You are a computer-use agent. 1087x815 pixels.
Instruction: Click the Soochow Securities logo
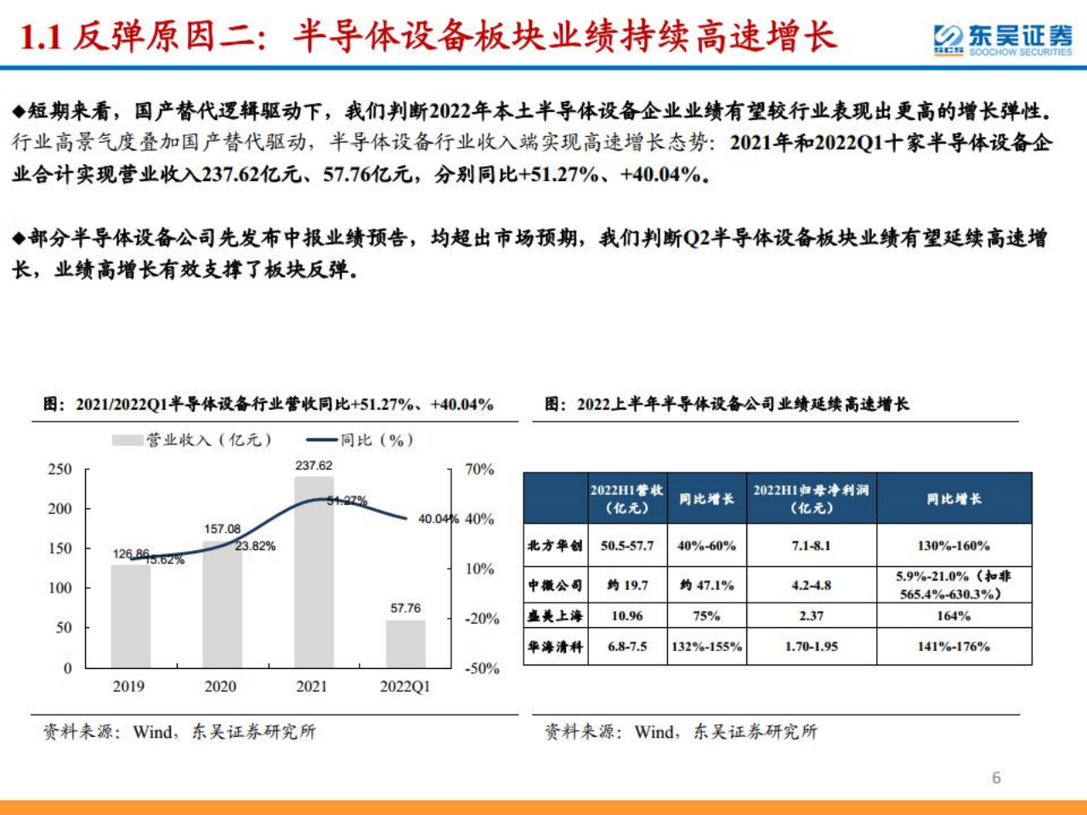1002,39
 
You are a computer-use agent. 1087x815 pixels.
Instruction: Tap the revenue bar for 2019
130,615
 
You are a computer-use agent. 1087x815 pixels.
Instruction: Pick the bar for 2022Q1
405,643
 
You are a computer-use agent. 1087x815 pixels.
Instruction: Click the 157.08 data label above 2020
222,529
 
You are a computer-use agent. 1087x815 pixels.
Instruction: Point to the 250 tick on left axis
59,469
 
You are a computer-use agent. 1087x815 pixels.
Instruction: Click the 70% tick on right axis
479,469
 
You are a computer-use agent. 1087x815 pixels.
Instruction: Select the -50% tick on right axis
480,668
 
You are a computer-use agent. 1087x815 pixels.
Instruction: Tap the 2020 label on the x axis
220,687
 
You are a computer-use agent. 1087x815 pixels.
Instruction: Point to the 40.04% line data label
438,518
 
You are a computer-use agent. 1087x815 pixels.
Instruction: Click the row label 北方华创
555,546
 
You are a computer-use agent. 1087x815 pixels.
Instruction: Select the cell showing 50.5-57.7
627,546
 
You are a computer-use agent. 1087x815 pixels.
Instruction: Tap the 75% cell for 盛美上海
706,616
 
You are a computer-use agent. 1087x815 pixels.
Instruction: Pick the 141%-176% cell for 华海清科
954,647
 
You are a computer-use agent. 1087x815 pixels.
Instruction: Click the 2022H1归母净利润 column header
811,499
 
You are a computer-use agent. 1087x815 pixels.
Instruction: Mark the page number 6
996,778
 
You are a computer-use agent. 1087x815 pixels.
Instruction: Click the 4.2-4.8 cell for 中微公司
811,586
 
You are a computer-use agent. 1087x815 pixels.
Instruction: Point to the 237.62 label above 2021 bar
314,466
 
